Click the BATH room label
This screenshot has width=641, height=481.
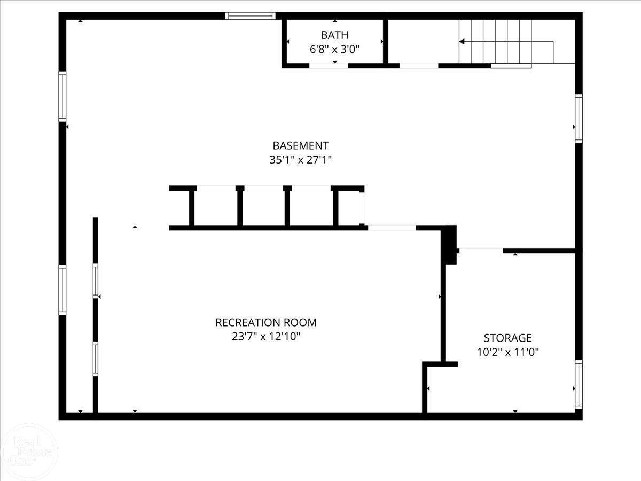tap(334, 35)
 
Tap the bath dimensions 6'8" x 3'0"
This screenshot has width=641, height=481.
tap(334, 49)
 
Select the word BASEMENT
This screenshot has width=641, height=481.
tap(301, 145)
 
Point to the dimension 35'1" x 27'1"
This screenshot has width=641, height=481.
tap(301, 160)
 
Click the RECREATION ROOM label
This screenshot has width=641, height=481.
tap(266, 322)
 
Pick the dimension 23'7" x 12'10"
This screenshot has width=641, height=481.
tap(266, 337)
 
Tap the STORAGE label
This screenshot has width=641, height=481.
tap(508, 338)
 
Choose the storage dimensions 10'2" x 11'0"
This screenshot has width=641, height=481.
tap(508, 352)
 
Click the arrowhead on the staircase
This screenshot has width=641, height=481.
tap(462, 42)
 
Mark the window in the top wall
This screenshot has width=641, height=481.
tap(251, 16)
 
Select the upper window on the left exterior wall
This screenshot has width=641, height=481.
tap(62, 96)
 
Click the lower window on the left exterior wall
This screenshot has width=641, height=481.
tap(62, 290)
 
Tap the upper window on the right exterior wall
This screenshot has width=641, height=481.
tap(579, 119)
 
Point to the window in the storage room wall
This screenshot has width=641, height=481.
tap(579, 385)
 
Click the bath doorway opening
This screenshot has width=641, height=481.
tap(329, 66)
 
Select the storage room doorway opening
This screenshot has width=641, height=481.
tap(481, 251)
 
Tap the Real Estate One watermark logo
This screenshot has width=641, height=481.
tap(29, 452)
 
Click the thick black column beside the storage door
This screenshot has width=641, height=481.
tap(449, 245)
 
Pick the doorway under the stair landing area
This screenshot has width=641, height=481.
tap(419, 66)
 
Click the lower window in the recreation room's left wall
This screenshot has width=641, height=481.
tap(96, 359)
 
